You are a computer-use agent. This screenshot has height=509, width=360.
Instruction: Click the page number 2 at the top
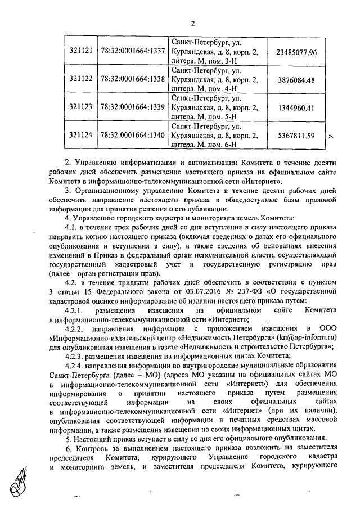[x=192, y=23]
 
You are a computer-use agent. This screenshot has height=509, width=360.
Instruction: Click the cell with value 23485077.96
[x=296, y=52]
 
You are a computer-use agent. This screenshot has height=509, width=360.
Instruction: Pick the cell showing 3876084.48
[x=296, y=79]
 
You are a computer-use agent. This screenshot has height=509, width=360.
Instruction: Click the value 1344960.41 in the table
[x=296, y=107]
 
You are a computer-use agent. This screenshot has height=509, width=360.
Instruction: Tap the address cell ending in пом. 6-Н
[x=215, y=134]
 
